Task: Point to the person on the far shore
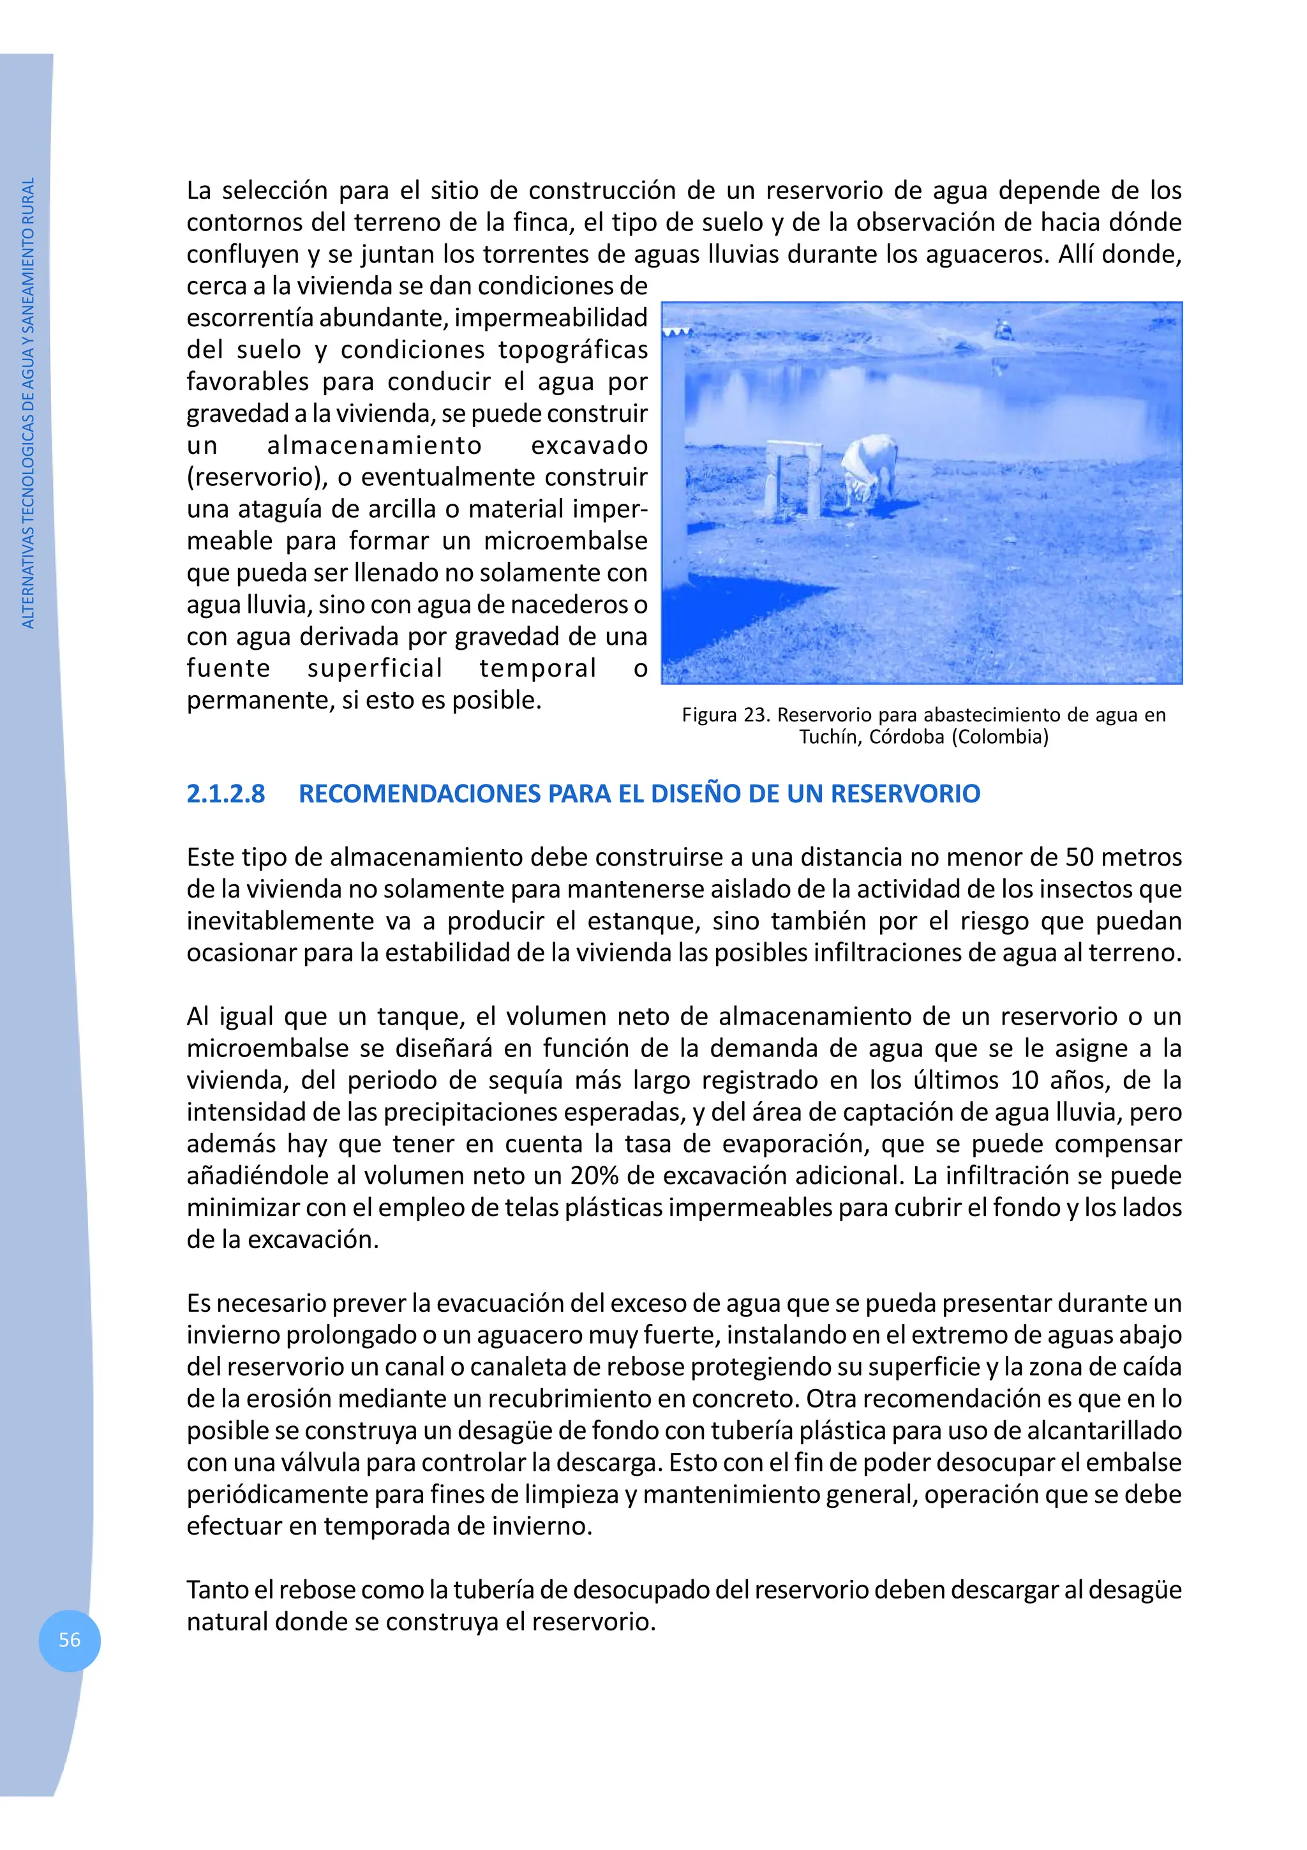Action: pyautogui.click(x=1002, y=329)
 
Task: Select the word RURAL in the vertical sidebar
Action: pyautogui.click(x=28, y=199)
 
